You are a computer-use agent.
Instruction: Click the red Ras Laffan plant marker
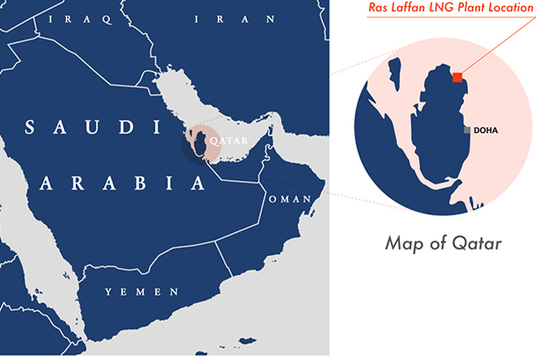click(x=457, y=77)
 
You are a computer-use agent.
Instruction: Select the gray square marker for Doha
click(x=466, y=129)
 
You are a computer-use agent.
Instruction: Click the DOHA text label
click(x=486, y=130)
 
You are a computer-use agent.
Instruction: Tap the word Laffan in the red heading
click(x=416, y=8)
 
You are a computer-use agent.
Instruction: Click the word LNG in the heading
click(x=453, y=8)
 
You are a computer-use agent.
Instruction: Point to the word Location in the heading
click(x=513, y=8)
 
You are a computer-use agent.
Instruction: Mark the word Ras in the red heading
click(x=383, y=8)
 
